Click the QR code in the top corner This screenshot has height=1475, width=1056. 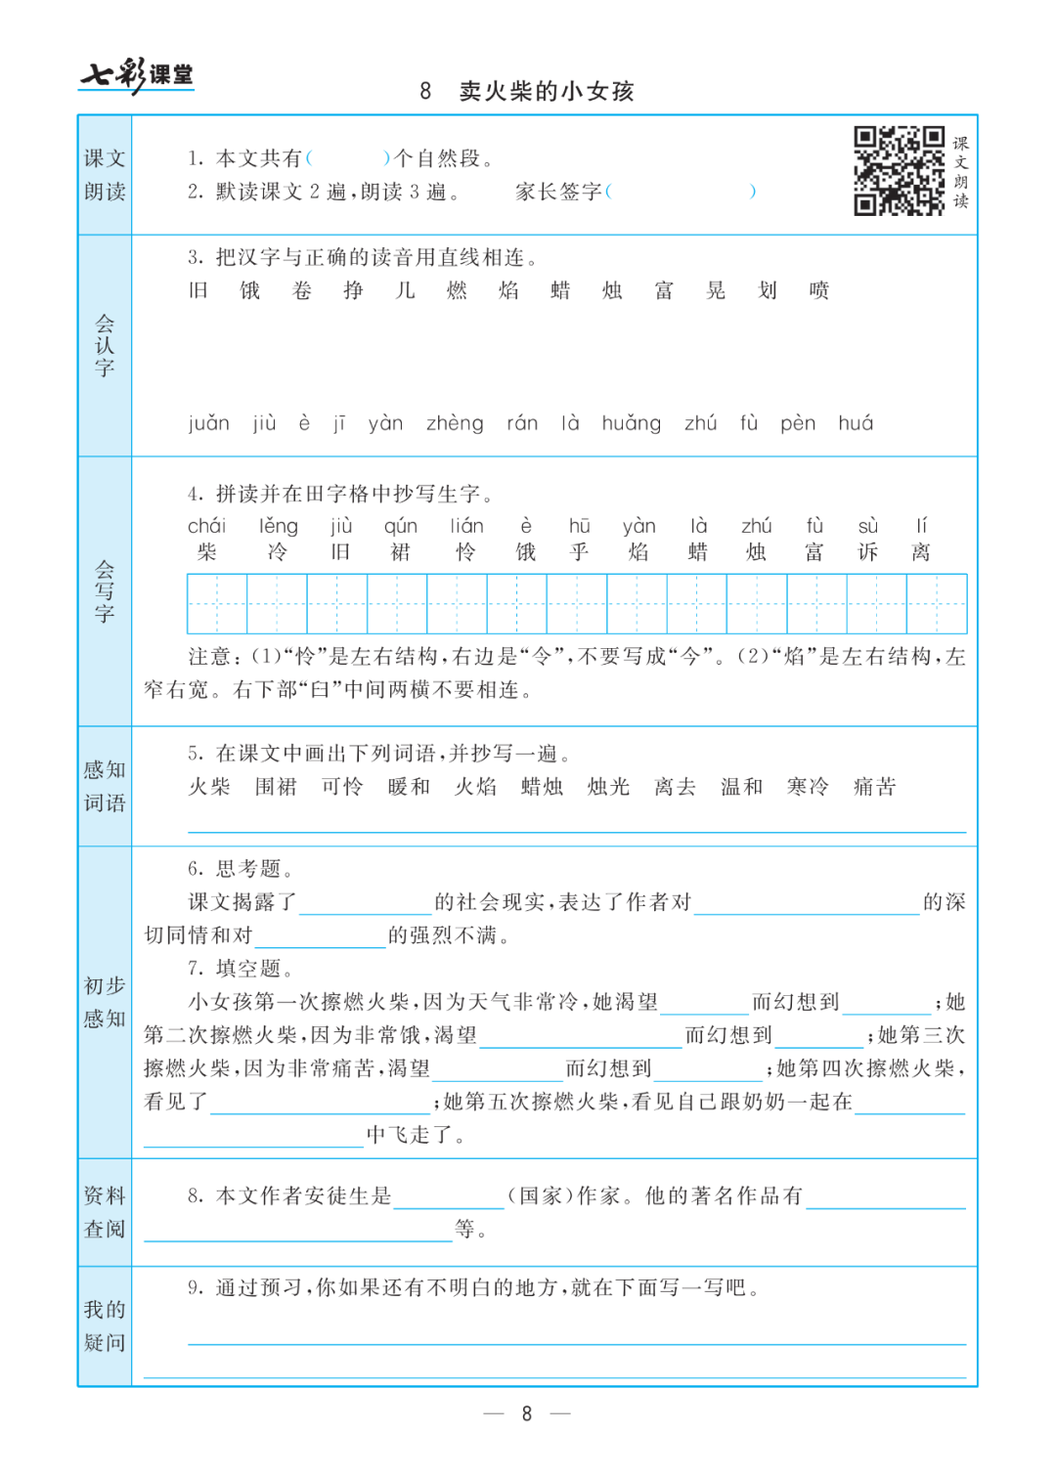(x=899, y=170)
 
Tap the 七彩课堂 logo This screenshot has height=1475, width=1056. (x=137, y=74)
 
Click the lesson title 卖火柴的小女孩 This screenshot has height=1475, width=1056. (x=547, y=92)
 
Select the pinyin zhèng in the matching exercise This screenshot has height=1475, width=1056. (x=455, y=423)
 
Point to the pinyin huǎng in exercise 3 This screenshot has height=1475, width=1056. (x=631, y=423)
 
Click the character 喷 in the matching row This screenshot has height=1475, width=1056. (x=818, y=290)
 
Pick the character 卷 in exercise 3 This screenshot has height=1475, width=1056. (x=302, y=290)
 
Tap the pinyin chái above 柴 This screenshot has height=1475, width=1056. (x=206, y=527)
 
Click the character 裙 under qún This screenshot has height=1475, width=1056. (x=400, y=552)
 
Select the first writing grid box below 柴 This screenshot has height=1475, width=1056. (x=217, y=604)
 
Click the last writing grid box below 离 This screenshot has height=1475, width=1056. (x=937, y=604)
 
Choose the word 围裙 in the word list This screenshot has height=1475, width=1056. (x=276, y=787)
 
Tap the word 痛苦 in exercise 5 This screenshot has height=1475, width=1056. (x=874, y=787)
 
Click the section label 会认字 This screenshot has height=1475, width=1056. (x=105, y=345)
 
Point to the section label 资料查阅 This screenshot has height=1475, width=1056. (x=105, y=1212)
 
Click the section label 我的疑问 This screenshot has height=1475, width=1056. (x=105, y=1325)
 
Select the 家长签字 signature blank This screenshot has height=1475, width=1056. (x=681, y=192)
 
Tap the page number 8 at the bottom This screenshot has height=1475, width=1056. (x=527, y=1413)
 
